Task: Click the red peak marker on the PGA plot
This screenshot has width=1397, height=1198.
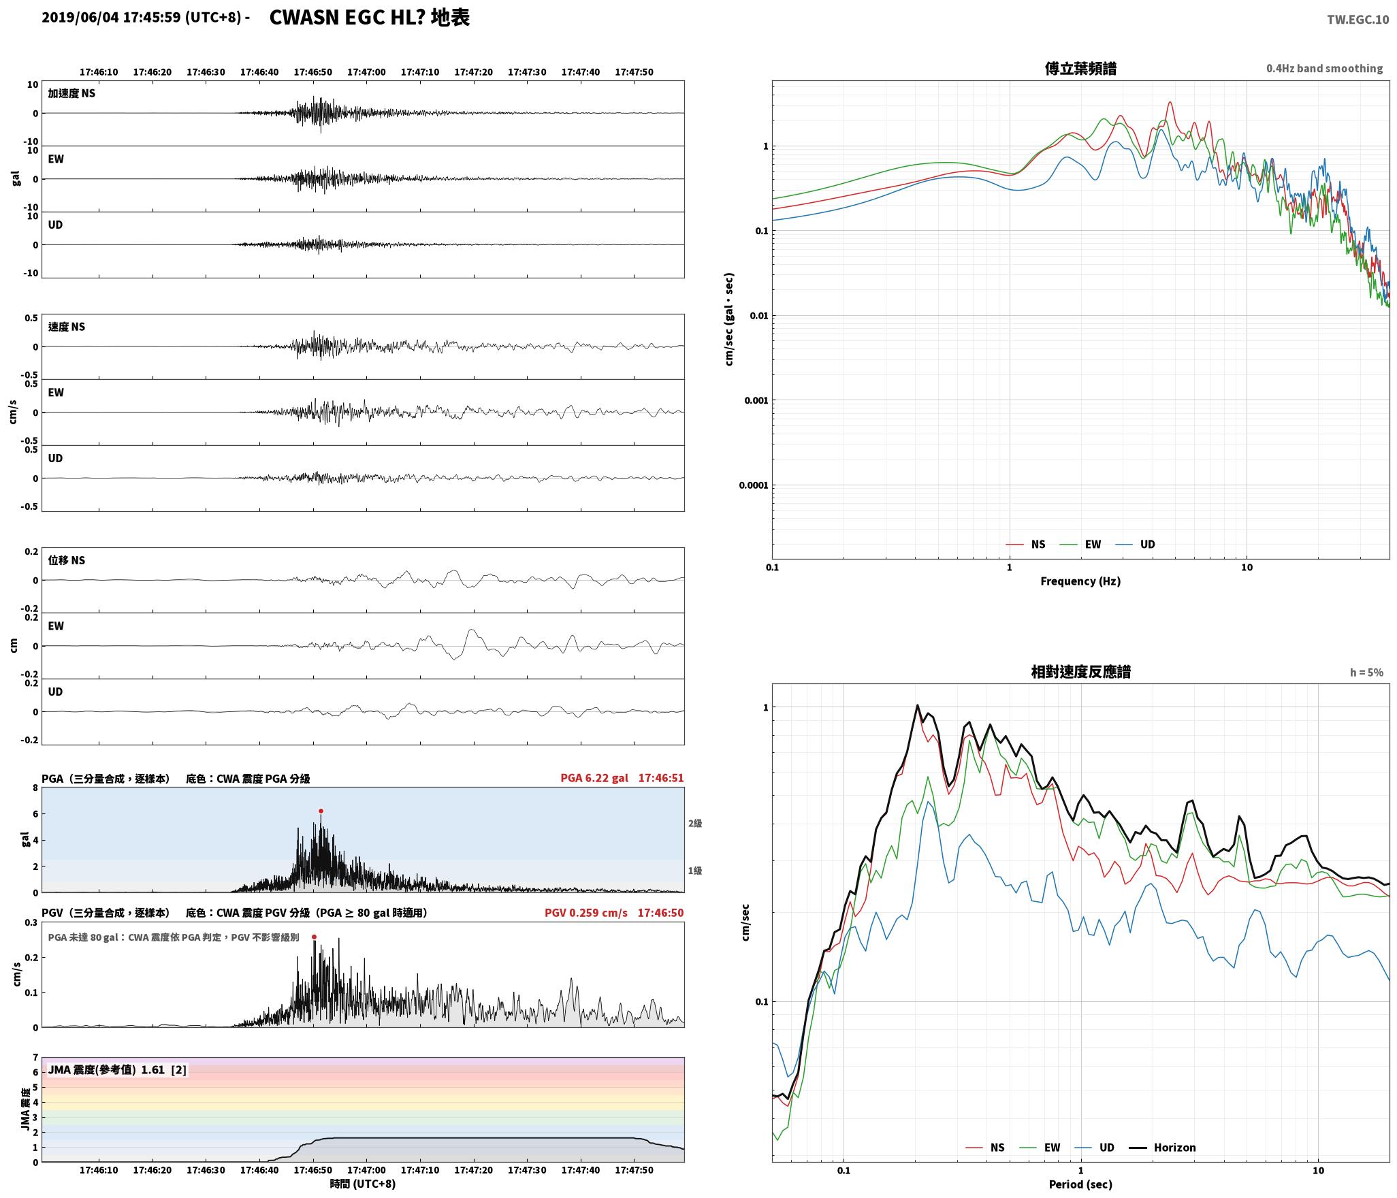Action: [x=321, y=811]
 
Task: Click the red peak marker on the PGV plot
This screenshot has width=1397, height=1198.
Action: [x=314, y=937]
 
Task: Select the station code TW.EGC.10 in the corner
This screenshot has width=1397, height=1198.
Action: [x=1358, y=20]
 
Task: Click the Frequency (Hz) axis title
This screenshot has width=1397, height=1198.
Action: [x=1080, y=581]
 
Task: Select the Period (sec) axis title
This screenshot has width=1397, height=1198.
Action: [x=1080, y=1184]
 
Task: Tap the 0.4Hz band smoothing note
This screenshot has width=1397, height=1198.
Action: [x=1324, y=69]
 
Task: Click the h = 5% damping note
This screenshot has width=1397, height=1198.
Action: [x=1366, y=673]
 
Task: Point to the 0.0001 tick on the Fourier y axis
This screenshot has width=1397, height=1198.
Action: [x=754, y=485]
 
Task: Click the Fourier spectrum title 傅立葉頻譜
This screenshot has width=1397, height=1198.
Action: [x=1080, y=69]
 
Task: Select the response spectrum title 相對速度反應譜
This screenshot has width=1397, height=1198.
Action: [x=1080, y=672]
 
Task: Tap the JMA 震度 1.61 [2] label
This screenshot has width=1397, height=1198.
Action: [x=117, y=1070]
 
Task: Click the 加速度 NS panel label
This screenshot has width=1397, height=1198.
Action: [x=71, y=93]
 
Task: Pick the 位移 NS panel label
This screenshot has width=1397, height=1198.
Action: [x=67, y=560]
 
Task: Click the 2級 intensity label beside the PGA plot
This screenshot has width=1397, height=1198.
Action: [x=694, y=823]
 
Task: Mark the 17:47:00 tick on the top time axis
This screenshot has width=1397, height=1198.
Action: [x=366, y=72]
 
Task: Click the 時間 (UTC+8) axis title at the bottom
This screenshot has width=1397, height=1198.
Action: [x=363, y=1184]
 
